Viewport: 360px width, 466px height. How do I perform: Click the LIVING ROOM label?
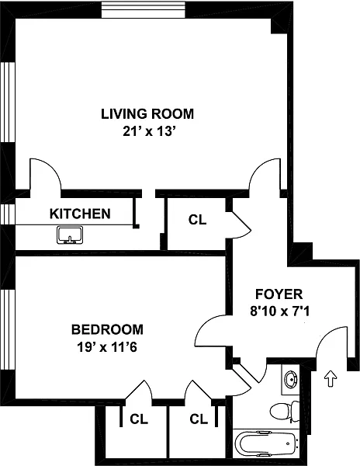tap(147, 114)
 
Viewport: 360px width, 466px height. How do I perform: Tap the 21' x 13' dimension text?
tap(147, 131)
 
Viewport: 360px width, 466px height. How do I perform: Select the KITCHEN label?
tap(80, 214)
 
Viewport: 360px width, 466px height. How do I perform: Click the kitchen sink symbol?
tap(70, 235)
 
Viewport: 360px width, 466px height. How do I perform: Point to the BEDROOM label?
tap(107, 329)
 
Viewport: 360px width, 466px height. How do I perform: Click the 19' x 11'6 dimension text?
tap(107, 347)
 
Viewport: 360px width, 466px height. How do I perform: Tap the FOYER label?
tap(279, 294)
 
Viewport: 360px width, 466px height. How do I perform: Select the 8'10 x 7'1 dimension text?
tap(280, 311)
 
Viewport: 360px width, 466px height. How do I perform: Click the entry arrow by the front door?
tap(331, 378)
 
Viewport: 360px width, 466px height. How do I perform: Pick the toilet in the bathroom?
tap(285, 411)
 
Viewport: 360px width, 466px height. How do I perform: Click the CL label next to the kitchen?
tap(197, 220)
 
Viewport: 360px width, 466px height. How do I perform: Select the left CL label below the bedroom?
tap(139, 419)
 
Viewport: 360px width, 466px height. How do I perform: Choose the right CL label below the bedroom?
tap(199, 419)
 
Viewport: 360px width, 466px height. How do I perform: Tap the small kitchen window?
tap(8, 214)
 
